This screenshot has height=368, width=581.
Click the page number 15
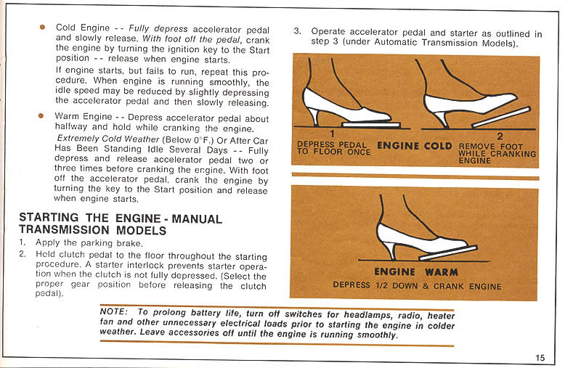coord(540,356)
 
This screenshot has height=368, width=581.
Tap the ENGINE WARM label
coord(416,272)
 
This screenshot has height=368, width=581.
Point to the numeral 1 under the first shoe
coord(331,134)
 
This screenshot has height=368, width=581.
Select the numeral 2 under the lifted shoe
coord(500,136)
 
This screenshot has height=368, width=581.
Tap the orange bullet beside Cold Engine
coord(42,27)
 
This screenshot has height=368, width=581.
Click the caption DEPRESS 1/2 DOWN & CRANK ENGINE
coord(417,286)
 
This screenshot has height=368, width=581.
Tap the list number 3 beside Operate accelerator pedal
coord(297,32)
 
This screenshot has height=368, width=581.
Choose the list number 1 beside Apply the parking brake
coord(23,243)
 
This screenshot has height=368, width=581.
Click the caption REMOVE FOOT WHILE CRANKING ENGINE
coord(497,153)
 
